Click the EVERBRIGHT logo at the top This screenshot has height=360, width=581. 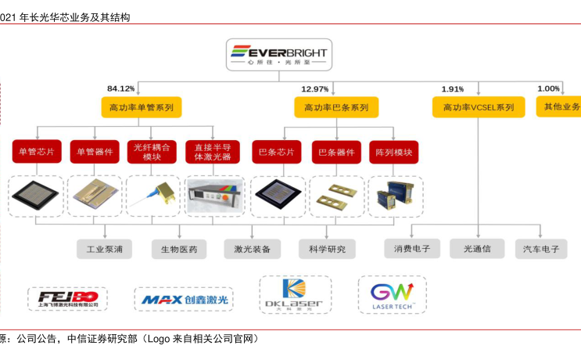click(279, 56)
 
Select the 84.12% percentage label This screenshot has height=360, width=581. click(121, 88)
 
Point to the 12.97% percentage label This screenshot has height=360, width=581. click(315, 88)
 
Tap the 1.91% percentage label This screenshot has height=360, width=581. click(453, 88)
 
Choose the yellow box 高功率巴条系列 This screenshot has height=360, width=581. click(336, 107)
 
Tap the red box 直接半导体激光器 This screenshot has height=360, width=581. click(212, 151)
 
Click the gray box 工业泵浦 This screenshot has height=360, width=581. click(104, 250)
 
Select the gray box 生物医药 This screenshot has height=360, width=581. click(179, 250)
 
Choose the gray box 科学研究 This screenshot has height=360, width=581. click(327, 250)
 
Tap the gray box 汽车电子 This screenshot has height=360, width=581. click(541, 250)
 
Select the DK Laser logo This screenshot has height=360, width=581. click(296, 295)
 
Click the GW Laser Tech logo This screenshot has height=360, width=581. click(392, 295)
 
